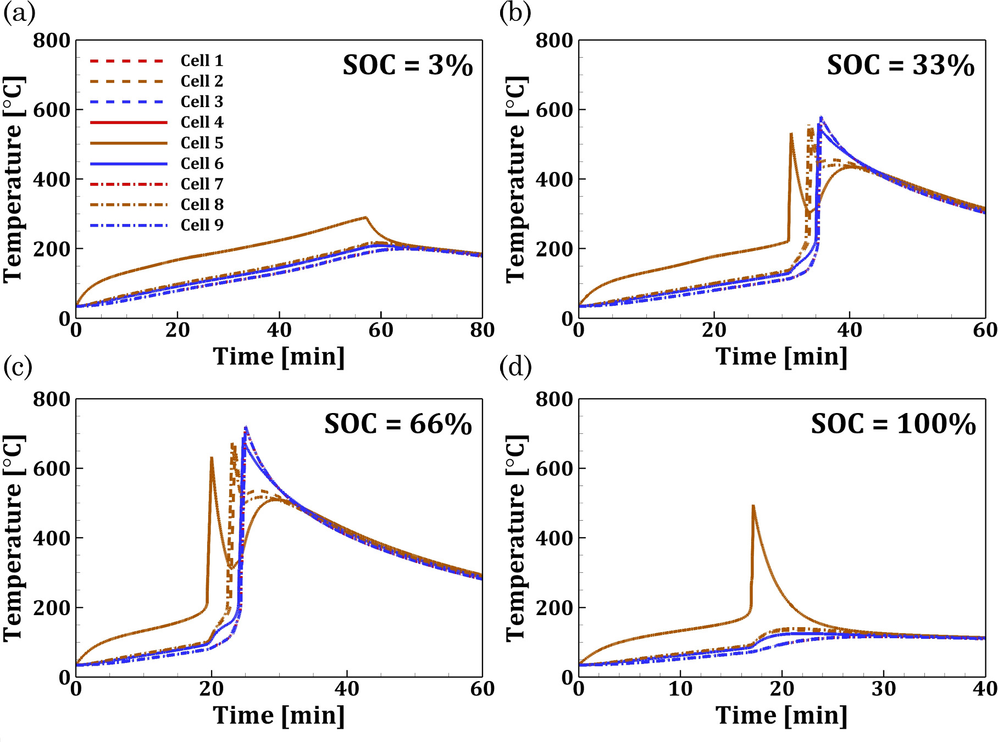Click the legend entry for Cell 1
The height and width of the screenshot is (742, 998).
coord(202,60)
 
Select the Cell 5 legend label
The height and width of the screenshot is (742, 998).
coord(202,143)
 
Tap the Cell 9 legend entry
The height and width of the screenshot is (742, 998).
coord(202,225)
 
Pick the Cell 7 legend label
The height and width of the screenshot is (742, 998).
coord(202,184)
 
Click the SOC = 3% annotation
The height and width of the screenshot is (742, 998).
coord(408,66)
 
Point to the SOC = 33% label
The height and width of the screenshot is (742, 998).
coord(900,66)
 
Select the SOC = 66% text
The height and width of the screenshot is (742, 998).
coord(398,425)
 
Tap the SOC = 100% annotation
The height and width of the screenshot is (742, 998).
coord(893,425)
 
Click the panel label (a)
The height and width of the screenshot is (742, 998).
coord(19,12)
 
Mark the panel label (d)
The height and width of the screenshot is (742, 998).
coord(515,367)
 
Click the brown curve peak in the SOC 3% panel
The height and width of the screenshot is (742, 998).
coord(365,217)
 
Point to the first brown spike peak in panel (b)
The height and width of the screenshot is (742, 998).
coord(791,133)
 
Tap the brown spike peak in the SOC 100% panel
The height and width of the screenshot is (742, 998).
coord(753,505)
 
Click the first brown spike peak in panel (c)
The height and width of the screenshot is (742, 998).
coord(212,458)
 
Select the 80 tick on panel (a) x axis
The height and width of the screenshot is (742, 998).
coord(482,330)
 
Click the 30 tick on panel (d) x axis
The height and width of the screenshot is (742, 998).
coord(884,689)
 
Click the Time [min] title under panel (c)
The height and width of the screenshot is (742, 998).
coord(279,716)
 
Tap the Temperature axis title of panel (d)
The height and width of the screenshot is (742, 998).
coord(515,538)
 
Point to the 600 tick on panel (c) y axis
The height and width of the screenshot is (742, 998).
coord(52,468)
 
